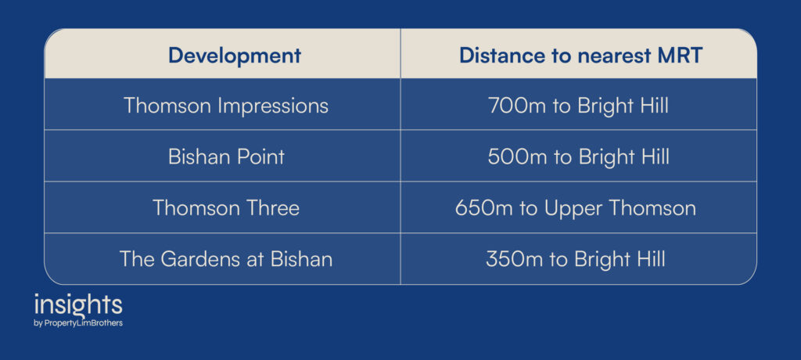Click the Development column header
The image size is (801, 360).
(235, 56)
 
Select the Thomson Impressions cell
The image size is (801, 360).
(226, 106)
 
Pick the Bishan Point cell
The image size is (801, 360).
(226, 157)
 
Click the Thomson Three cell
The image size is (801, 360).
(226, 207)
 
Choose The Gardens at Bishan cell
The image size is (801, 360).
(226, 259)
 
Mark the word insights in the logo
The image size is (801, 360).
(78, 305)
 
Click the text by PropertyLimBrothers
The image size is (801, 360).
(78, 323)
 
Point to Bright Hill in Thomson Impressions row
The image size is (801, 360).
(623, 106)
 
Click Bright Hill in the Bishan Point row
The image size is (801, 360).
(623, 157)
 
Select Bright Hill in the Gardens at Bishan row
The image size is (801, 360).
(620, 260)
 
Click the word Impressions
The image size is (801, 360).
(273, 106)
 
